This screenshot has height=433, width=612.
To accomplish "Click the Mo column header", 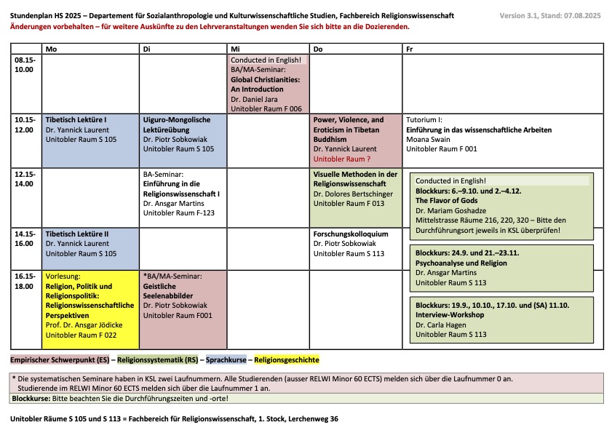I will [x=50, y=48].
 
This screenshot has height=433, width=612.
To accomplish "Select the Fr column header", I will [x=410, y=48].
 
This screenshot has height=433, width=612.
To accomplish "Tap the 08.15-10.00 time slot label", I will [x=25, y=65].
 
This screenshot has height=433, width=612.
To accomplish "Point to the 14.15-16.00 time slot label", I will [x=25, y=239].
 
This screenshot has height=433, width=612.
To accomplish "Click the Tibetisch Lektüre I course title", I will [x=76, y=119].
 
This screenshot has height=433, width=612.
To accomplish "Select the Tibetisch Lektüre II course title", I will [x=77, y=234].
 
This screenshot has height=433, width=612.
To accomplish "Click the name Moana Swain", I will [x=429, y=139].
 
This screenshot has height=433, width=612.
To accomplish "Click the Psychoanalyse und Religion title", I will [x=461, y=263].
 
